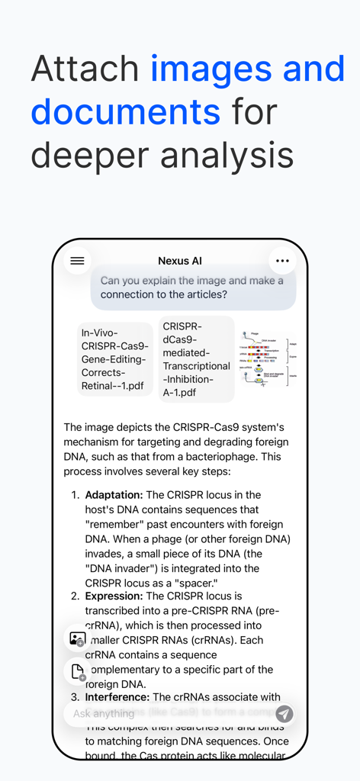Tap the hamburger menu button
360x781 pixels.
[x=77, y=261]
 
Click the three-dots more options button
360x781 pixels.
[x=282, y=261]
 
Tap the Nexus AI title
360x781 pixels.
[x=180, y=261]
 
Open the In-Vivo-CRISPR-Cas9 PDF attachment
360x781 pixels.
[x=115, y=359]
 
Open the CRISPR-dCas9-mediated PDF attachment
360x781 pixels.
[x=196, y=359]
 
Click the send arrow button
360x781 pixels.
[x=284, y=714]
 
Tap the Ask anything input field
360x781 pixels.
[x=168, y=714]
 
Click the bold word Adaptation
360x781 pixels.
[x=114, y=495]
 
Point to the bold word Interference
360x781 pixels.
[x=117, y=697]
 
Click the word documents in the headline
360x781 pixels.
[x=126, y=112]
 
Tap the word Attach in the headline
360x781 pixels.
[x=85, y=69]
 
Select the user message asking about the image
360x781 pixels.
[x=192, y=288]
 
